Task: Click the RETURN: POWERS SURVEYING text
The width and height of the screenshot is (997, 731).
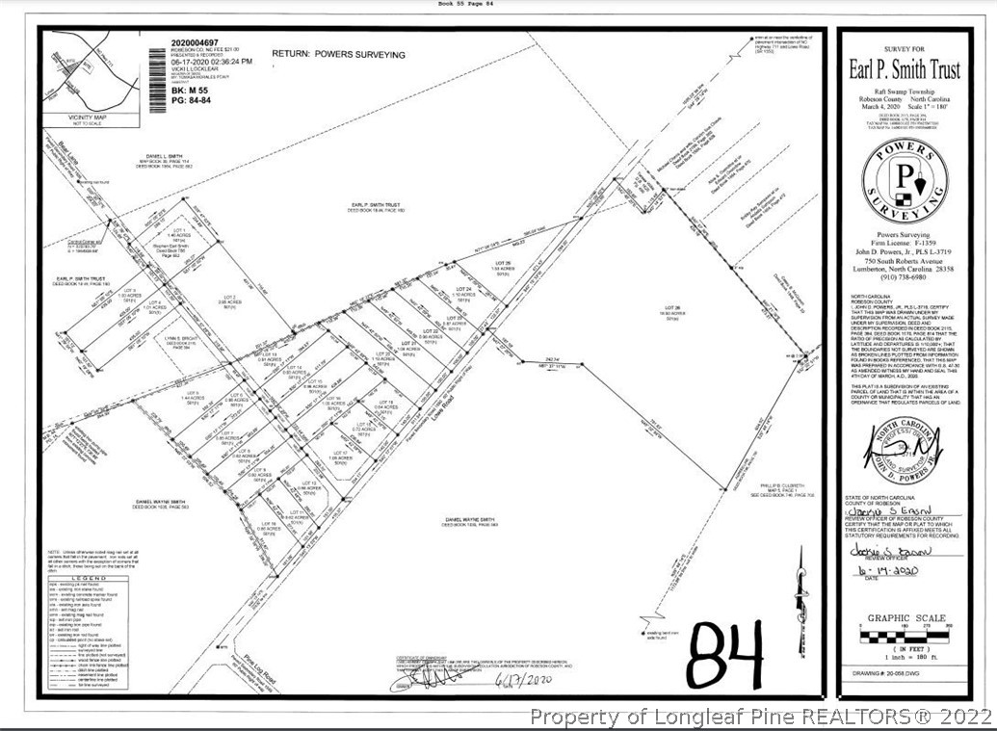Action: pyautogui.click(x=338, y=55)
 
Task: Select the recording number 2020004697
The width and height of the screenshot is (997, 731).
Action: pyautogui.click(x=198, y=42)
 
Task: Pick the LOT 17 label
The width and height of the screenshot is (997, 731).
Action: pyautogui.click(x=338, y=455)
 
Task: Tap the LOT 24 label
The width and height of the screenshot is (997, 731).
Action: pyautogui.click(x=462, y=289)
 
